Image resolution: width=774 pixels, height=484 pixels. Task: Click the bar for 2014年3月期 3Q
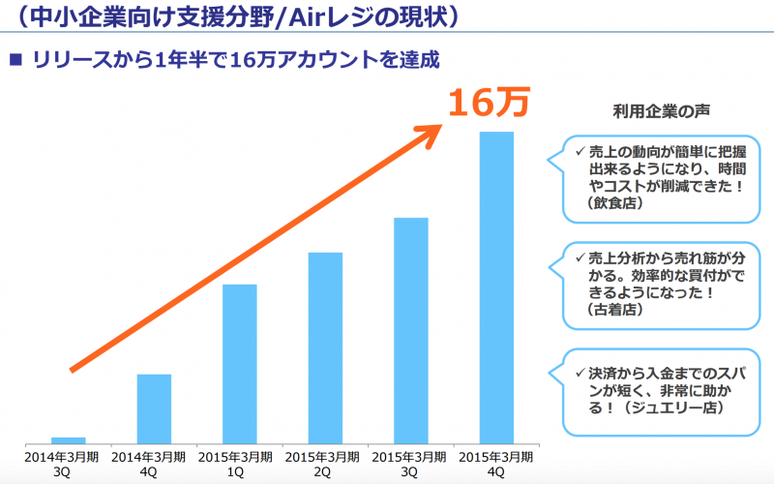[68, 439]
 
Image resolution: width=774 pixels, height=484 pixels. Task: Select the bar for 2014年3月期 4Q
[154, 408]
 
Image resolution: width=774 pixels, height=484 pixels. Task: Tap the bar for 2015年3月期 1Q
[239, 363]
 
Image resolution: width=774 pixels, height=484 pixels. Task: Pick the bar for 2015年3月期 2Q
[325, 347]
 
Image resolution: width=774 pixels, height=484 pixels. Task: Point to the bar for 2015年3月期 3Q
[410, 329]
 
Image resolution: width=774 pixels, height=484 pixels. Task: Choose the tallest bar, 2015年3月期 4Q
[496, 287]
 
